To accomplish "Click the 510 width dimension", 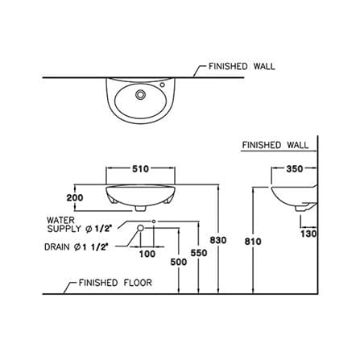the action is point(140,169).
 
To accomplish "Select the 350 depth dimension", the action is point(295,169).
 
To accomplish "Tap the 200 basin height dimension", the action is point(75,198).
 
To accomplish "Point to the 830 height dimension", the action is point(218,240).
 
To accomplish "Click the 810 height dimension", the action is point(253,242).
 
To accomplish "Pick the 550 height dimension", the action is point(199,253).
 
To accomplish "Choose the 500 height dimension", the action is point(179,262).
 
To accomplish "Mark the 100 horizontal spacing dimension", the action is point(147,254).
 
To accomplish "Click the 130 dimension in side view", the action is point(308,234).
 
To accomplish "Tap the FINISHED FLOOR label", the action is point(115,283).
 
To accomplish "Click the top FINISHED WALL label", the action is point(242,66).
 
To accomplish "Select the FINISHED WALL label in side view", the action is point(275,145).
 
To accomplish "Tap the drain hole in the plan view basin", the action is point(140,94).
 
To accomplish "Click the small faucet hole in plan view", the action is point(162,85).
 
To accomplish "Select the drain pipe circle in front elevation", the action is point(140,228).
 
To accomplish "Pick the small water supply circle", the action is point(154,221).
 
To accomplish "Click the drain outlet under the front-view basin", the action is point(140,209).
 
